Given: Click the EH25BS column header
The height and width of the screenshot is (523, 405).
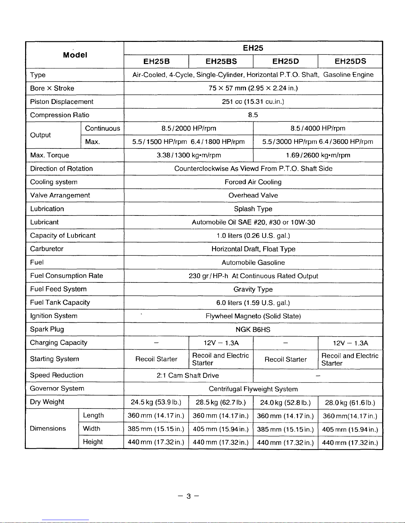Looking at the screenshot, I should (221, 61).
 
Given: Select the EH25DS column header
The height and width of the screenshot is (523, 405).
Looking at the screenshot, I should (350, 61).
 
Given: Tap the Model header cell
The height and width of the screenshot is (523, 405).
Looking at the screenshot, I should (75, 55).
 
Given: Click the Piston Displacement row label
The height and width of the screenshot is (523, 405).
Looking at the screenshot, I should (62, 102).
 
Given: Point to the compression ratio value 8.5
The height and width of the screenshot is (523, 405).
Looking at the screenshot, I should (253, 115).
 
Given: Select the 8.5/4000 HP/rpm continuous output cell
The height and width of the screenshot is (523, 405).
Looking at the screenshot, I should (318, 128).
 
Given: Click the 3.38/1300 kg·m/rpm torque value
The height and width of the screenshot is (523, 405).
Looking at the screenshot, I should (189, 155).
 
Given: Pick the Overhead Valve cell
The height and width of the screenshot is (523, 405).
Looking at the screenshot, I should (253, 195).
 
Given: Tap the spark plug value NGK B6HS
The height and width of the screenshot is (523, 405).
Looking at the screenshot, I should (253, 330).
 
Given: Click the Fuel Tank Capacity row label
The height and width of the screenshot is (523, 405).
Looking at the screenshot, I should (60, 303).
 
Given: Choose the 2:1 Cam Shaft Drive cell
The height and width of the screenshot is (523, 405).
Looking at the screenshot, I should (188, 376).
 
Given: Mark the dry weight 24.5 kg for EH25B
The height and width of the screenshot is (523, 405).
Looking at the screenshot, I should (156, 402).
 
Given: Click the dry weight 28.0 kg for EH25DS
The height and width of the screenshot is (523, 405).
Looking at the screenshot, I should (350, 403).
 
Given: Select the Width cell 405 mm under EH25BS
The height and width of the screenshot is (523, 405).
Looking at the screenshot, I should (221, 429).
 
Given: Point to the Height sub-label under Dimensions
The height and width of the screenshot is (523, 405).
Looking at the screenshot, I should (93, 442).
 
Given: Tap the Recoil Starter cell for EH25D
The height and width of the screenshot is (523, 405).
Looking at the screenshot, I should (286, 359).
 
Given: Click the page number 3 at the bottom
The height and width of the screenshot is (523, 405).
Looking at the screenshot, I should (188, 496).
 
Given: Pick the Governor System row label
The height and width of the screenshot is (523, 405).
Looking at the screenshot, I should (57, 389).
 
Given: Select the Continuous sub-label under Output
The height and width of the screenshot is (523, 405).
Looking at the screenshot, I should (102, 128).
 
